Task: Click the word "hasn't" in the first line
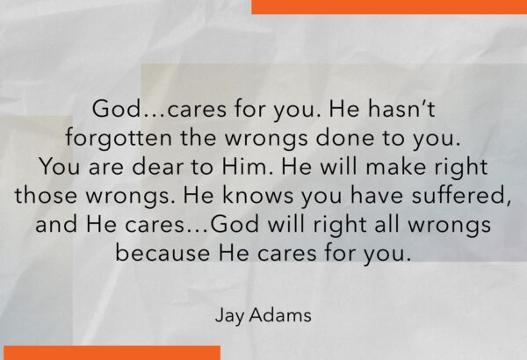click(x=401, y=109)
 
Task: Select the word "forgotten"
click(x=119, y=139)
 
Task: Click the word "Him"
click(x=246, y=166)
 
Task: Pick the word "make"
click(x=396, y=166)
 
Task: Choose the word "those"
click(x=46, y=195)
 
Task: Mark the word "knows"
click(x=257, y=195)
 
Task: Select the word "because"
click(x=162, y=253)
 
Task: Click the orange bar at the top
click(x=389, y=7)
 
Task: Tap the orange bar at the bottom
click(x=112, y=353)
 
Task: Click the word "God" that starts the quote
click(x=115, y=109)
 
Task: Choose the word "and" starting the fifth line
click(x=56, y=224)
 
